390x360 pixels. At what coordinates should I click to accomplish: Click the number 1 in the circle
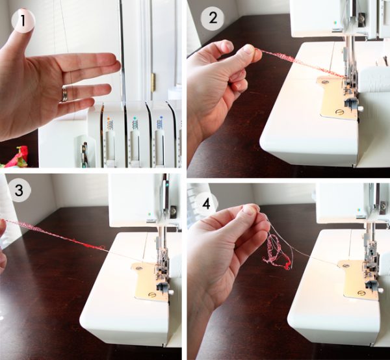click(23, 20)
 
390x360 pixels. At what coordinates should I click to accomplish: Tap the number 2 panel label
click(213, 18)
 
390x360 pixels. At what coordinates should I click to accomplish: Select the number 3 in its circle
click(19, 190)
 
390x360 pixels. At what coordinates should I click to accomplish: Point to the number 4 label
click(206, 204)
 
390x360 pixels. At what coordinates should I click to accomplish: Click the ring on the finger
click(64, 94)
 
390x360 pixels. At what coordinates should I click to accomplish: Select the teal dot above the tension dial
click(135, 117)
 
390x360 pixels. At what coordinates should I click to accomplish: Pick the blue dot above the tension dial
click(161, 117)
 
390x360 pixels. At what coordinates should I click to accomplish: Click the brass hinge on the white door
click(153, 82)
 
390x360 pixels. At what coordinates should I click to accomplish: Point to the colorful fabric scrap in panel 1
click(16, 157)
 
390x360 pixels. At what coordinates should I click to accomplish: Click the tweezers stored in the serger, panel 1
click(84, 154)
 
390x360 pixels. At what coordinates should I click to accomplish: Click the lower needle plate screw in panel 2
click(339, 112)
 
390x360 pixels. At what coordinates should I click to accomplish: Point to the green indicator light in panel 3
click(149, 214)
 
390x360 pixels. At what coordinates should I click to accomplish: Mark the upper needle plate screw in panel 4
click(344, 266)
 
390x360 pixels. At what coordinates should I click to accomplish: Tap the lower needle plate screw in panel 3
click(151, 295)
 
